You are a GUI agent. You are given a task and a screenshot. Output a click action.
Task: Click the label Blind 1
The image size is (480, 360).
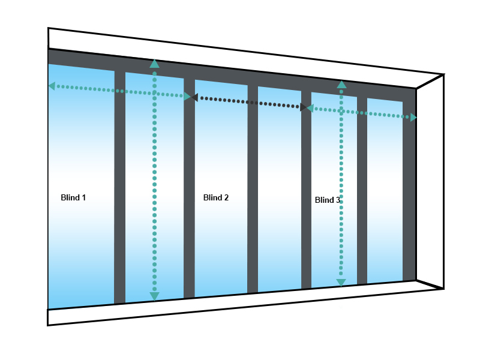tap(73, 197)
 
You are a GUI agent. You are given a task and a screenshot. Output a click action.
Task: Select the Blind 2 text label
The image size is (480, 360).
tap(216, 197)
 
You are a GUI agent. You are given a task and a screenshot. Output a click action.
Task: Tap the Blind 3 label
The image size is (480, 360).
tap(328, 200)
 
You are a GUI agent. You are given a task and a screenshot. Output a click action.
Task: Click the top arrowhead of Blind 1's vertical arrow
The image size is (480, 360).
tap(155, 64)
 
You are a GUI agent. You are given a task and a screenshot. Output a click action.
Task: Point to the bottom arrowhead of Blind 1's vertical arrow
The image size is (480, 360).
tap(155, 296)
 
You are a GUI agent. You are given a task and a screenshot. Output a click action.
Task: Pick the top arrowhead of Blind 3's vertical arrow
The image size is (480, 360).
tap(341, 85)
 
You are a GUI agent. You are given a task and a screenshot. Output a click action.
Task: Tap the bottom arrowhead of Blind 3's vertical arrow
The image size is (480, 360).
tap(341, 283)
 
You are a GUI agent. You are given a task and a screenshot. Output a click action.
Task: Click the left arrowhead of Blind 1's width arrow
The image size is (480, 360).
tap(52, 86)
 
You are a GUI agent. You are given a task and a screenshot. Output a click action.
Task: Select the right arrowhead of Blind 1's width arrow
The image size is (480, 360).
tap(187, 96)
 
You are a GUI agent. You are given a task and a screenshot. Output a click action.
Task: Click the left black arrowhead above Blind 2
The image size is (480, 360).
tap(195, 97)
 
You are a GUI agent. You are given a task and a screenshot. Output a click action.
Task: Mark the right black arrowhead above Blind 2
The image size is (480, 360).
tap(303, 107)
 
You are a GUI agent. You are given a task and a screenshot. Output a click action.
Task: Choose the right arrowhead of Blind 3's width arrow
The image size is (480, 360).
tap(413, 118)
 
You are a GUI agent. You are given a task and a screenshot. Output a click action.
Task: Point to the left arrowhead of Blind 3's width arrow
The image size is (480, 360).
tap(310, 108)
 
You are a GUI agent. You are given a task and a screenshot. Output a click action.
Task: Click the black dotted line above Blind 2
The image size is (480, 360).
tap(249, 102)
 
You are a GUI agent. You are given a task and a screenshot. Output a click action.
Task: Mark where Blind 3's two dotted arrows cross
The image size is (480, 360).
tap(341, 111)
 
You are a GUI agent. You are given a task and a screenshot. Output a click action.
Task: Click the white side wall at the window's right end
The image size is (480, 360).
tap(430, 180)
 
